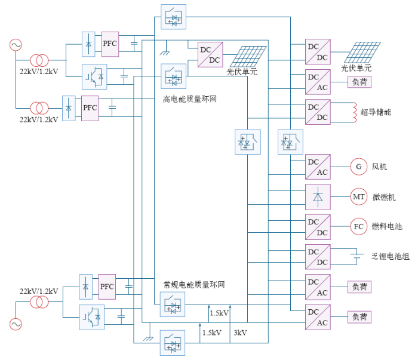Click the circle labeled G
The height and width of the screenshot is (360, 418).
[359, 167]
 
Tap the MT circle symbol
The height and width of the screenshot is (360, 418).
[359, 196]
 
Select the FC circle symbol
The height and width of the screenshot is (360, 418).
[359, 226]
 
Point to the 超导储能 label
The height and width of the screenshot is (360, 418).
[376, 112]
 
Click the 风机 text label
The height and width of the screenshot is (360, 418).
[379, 167]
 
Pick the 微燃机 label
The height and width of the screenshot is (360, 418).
[384, 197]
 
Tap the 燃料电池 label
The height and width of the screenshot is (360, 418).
[387, 226]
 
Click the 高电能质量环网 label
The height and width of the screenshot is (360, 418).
[189, 99]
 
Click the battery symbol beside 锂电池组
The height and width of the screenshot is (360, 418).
[356, 257]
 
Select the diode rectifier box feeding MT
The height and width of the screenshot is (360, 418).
[318, 196]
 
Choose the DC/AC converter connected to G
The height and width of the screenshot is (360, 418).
[318, 167]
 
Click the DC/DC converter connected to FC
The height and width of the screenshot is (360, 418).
[318, 226]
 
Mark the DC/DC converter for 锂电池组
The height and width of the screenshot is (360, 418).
[318, 256]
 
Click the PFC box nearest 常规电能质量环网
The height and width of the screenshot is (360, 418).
[107, 287]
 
